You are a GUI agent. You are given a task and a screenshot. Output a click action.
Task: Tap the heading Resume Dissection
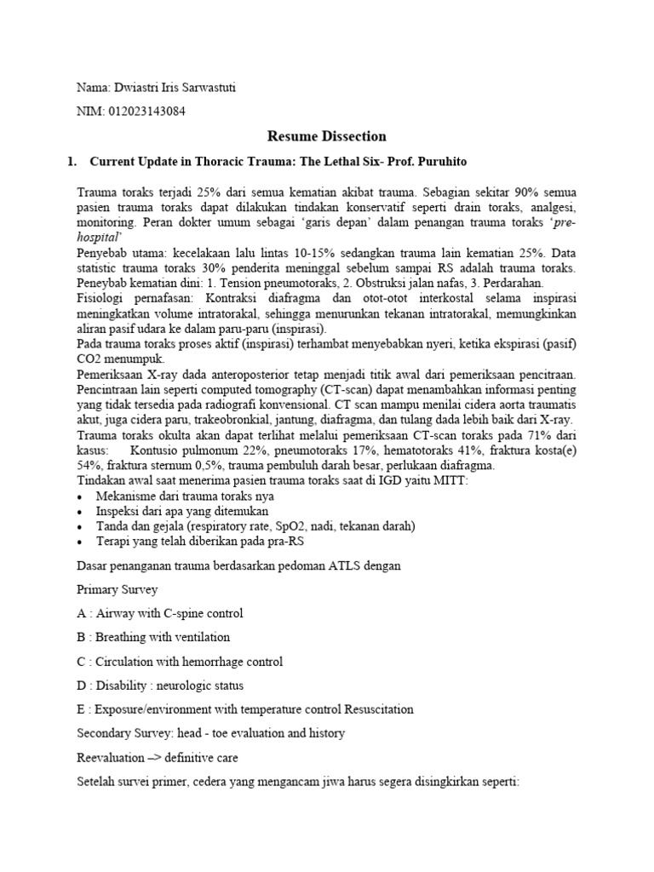pyautogui.click(x=327, y=136)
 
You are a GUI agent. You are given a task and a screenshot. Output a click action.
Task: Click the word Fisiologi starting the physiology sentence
pyautogui.click(x=99, y=299)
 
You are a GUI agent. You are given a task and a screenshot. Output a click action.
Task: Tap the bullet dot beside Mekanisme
pyautogui.click(x=80, y=496)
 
